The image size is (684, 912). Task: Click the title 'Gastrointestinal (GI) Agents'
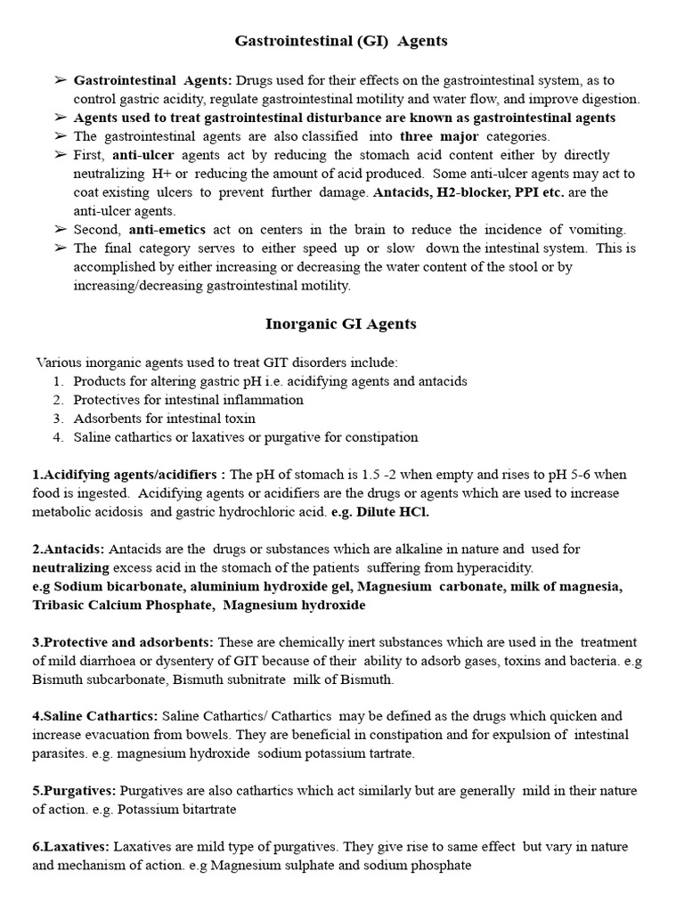341,41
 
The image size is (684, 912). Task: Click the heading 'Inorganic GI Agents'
341,324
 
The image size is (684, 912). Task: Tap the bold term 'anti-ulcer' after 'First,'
141,155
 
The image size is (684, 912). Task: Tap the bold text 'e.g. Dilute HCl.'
388,512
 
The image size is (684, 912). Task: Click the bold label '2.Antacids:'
68,550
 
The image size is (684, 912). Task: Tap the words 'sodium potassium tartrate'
337,753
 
